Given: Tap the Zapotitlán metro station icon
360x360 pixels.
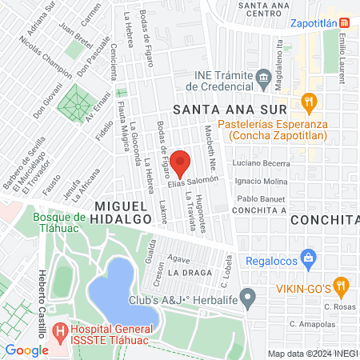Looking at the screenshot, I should (344, 23).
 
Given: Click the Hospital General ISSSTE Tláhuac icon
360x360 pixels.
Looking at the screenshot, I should (58, 330).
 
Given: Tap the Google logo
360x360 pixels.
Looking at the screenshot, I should (26, 350).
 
